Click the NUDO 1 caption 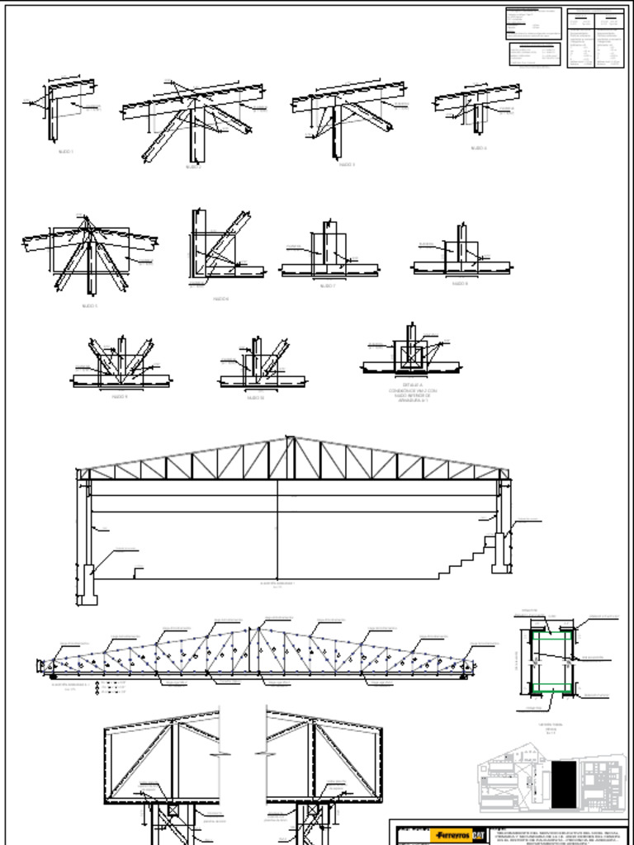point(65,152)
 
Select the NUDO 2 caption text point(193,167)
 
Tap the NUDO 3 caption point(347,164)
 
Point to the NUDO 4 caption point(479,149)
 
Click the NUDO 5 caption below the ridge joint point(89,306)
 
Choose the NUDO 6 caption point(220,299)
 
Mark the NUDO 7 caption point(328,286)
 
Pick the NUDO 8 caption point(460,283)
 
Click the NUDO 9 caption point(120,397)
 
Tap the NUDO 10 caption point(256,398)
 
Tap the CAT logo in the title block point(477,835)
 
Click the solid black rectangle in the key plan point(563,784)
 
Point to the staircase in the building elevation point(466,557)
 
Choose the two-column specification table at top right point(595,38)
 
